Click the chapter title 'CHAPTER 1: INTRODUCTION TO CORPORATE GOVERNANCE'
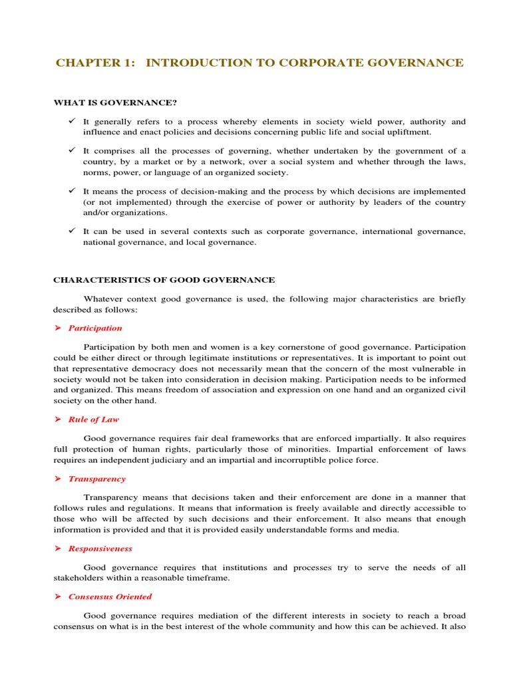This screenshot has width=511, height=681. click(259, 63)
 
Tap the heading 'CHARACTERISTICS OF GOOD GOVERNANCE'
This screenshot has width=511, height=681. click(164, 280)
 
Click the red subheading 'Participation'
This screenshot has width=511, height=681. click(95, 328)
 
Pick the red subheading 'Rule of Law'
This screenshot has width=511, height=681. click(94, 420)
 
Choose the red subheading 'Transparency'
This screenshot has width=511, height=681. click(96, 479)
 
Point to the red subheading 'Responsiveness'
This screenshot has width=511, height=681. click(100, 549)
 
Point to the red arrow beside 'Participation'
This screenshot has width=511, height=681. click(57, 328)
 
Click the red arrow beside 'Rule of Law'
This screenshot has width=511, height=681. click(57, 420)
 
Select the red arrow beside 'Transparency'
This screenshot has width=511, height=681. click(57, 479)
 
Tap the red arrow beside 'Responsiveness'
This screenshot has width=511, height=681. click(57, 549)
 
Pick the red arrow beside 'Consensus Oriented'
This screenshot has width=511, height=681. click(57, 597)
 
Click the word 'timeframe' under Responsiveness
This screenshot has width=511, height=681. click(207, 579)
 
